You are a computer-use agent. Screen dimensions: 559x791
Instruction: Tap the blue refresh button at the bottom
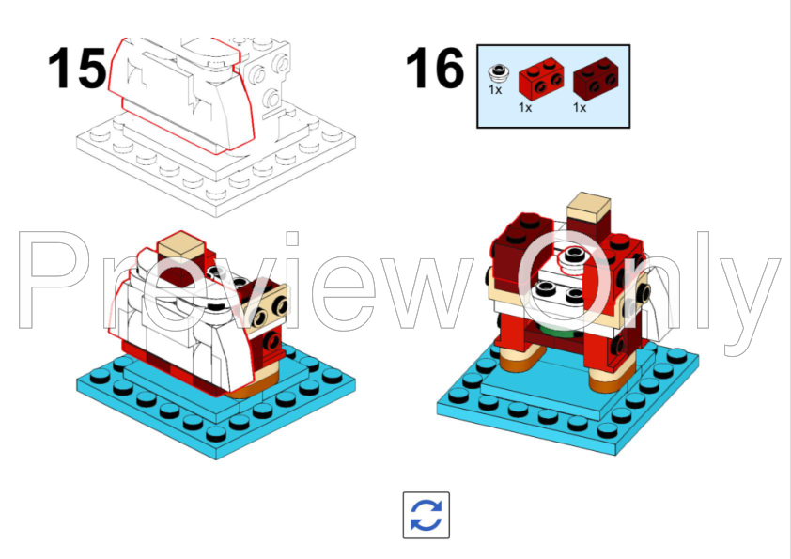[426, 515]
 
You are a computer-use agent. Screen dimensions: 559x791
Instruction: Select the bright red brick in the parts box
[538, 79]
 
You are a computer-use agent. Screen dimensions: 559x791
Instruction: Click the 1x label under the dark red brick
[580, 108]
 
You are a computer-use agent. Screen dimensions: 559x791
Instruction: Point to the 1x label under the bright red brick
[524, 108]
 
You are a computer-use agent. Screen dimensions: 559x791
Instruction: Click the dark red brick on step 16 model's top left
[513, 240]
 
